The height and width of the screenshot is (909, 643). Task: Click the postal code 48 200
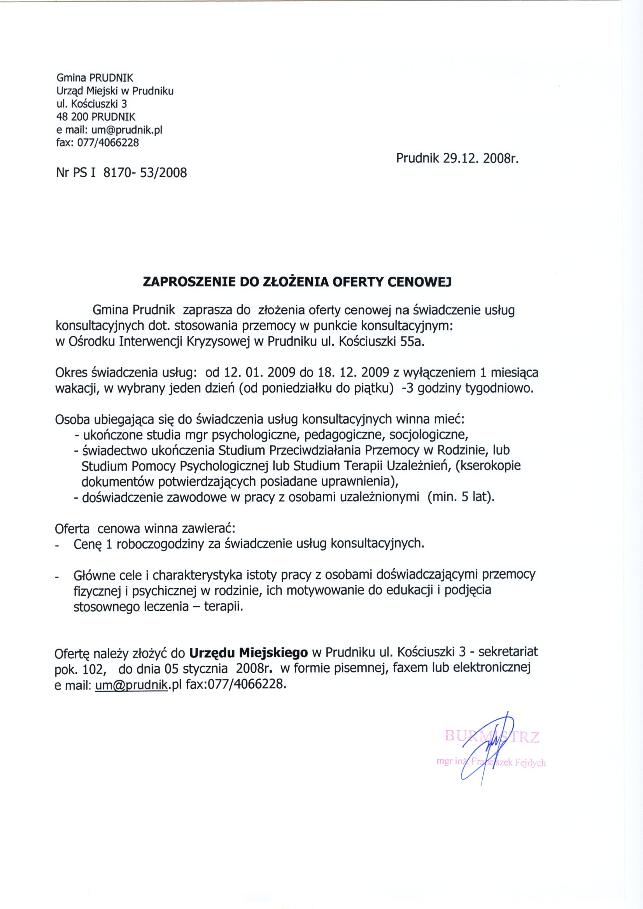tap(73, 117)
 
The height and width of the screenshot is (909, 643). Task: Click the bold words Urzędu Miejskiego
tap(249, 651)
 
